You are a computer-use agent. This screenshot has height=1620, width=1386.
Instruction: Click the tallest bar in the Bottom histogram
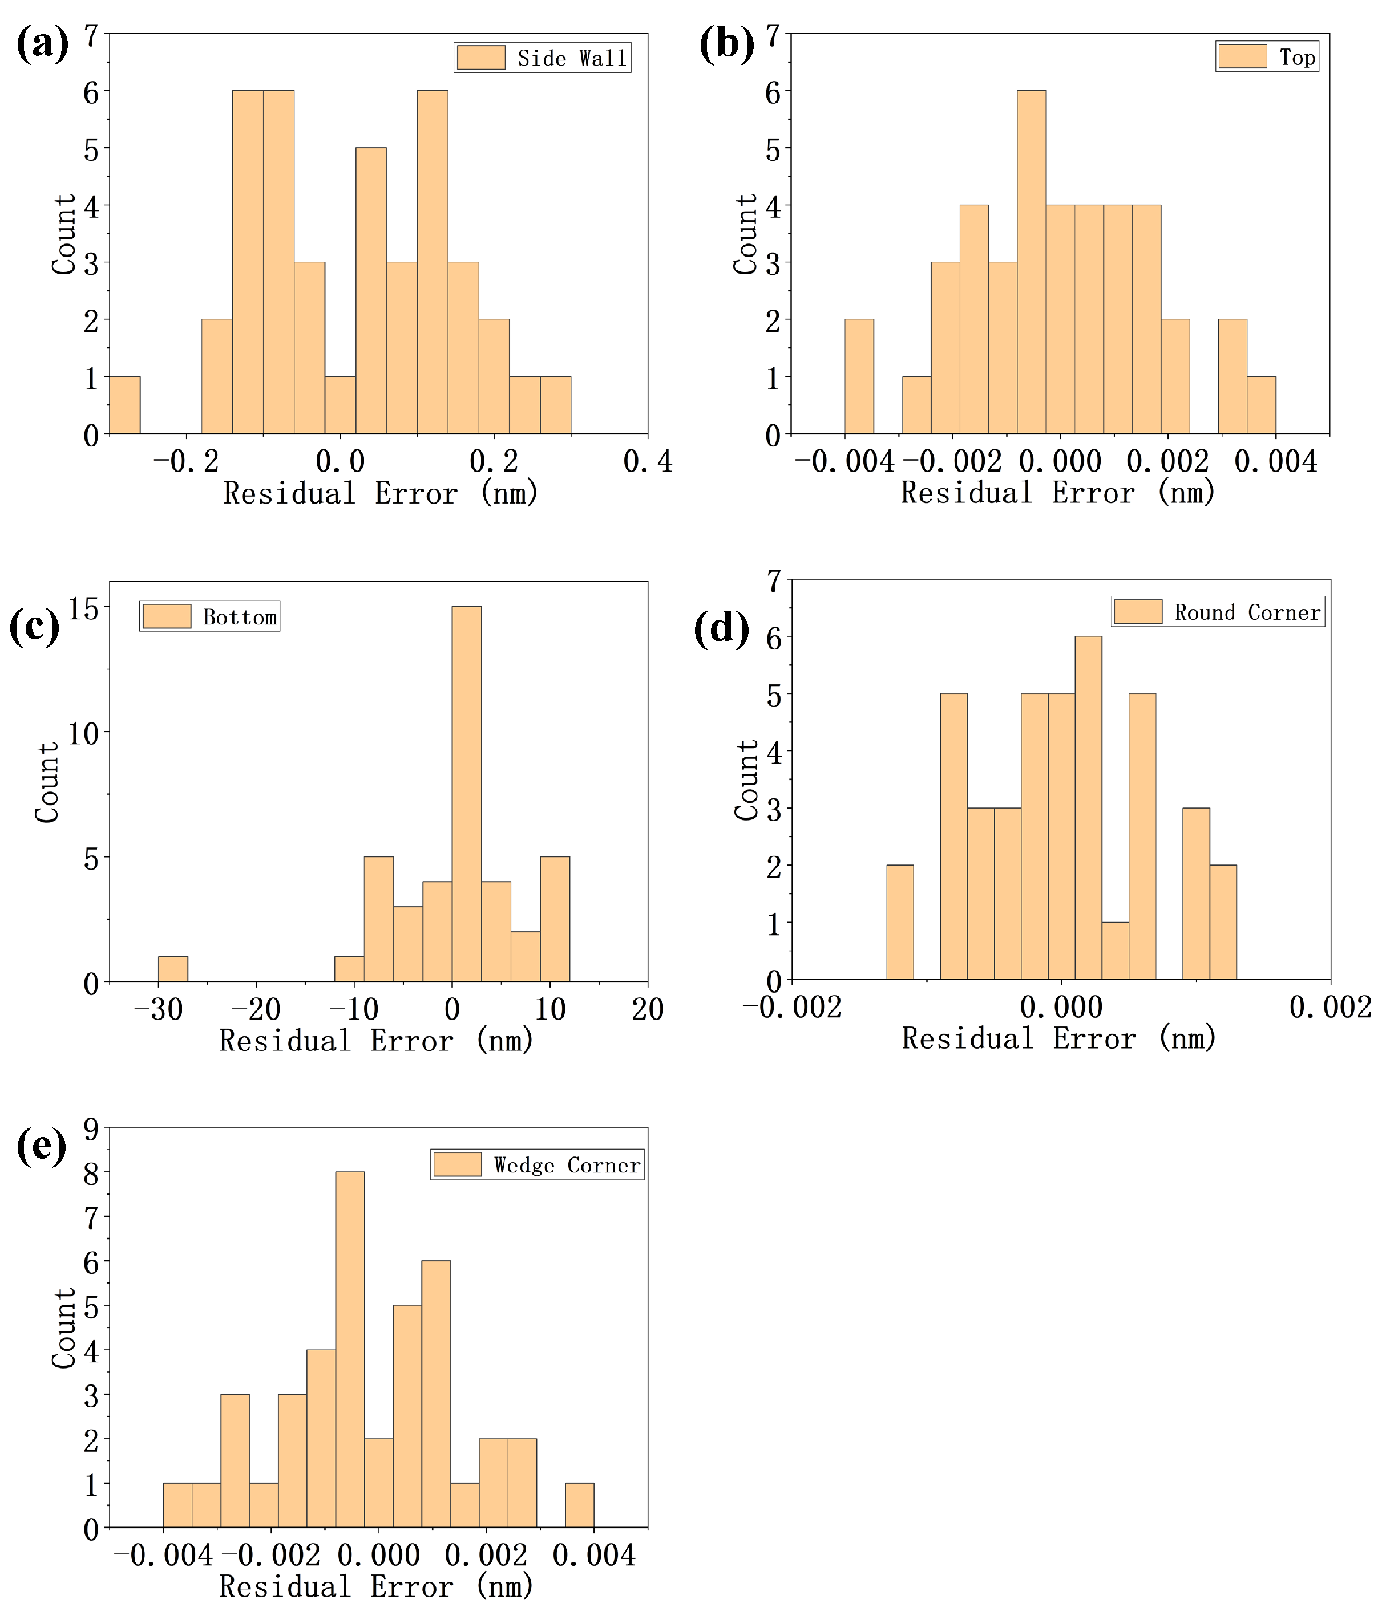click(466, 794)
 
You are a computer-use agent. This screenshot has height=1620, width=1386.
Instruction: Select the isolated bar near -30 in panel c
click(173, 969)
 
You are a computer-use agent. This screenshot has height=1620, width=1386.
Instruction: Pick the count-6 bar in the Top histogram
click(1031, 262)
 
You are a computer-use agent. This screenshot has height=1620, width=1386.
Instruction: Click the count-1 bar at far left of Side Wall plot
click(124, 405)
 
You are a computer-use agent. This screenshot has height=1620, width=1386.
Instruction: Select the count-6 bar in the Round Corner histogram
click(1088, 807)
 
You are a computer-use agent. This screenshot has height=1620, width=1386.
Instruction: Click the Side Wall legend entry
click(542, 58)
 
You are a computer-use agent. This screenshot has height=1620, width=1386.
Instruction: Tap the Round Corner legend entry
click(1217, 612)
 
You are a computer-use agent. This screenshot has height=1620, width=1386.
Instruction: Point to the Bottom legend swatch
click(167, 616)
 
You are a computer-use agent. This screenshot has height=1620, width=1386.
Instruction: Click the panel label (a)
click(42, 43)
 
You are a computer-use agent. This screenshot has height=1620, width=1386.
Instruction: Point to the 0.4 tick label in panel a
click(647, 462)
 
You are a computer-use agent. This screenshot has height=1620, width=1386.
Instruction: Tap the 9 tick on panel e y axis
click(91, 1128)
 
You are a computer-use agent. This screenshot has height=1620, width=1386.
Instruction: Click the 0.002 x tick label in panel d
click(1330, 1008)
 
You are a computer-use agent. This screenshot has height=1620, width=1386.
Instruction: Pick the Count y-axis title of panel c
click(47, 782)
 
